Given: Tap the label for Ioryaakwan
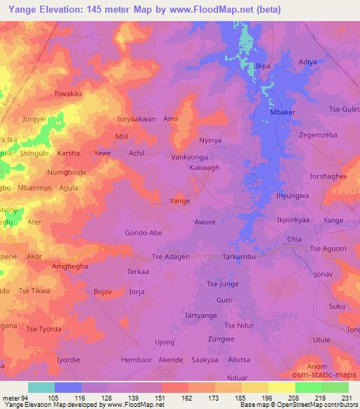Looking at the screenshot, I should [132, 119].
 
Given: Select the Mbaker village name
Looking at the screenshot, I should [283, 112].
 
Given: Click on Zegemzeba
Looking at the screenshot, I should [318, 134].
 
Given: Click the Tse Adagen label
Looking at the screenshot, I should [167, 257].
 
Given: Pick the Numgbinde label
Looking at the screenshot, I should [66, 171].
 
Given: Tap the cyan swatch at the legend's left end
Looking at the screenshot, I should [41, 388].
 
